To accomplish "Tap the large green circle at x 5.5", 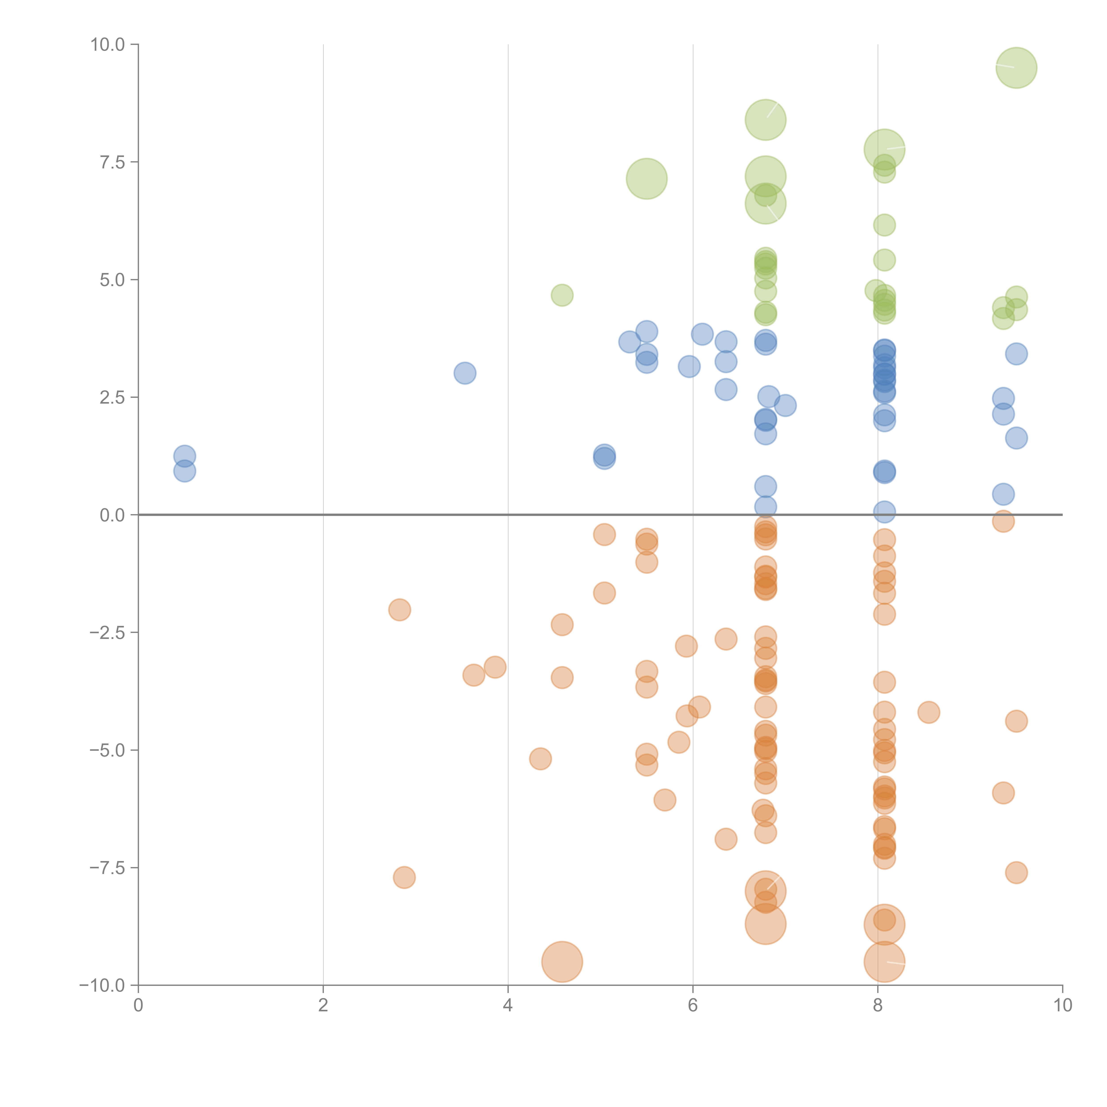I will click(646, 179).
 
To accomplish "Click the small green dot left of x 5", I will click(562, 295).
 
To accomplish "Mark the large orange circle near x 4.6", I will click(562, 962).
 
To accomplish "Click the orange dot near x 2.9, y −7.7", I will click(404, 877).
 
